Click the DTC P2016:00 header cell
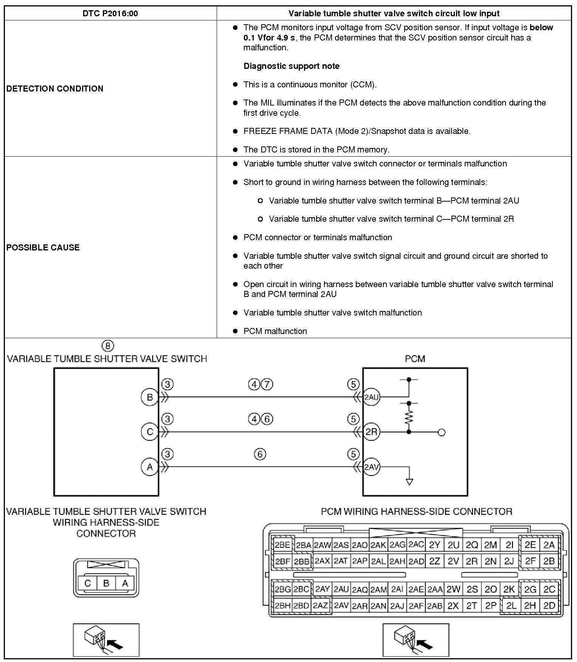[x=110, y=14]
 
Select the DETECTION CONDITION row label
[x=55, y=89]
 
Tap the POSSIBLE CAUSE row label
[x=43, y=247]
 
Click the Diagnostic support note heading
[x=291, y=66]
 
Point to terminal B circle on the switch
[x=150, y=397]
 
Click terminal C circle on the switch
[x=150, y=432]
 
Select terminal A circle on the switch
[x=150, y=467]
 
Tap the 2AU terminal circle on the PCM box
[x=371, y=397]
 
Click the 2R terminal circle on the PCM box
[x=371, y=432]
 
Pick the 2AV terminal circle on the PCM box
[x=371, y=467]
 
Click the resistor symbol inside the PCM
[x=409, y=417]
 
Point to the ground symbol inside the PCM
[x=409, y=482]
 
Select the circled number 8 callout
[x=108, y=345]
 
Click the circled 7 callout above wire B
[x=267, y=385]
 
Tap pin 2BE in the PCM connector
[x=282, y=545]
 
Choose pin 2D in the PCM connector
[x=549, y=606]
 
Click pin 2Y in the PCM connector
[x=434, y=545]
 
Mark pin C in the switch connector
[x=88, y=583]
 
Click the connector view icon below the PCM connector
[x=416, y=640]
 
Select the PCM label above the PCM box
[x=415, y=359]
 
